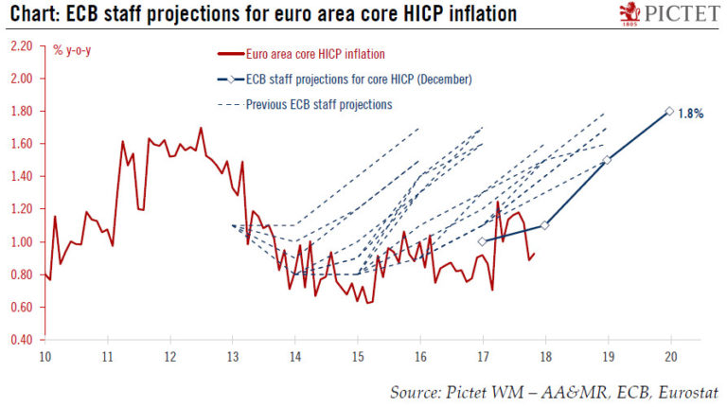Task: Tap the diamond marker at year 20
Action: click(x=669, y=111)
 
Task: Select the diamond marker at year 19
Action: click(x=607, y=160)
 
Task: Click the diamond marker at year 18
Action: click(x=544, y=225)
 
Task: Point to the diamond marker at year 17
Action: click(x=482, y=241)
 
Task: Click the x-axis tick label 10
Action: click(x=44, y=357)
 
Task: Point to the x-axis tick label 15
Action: click(x=357, y=357)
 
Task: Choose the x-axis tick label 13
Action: click(x=232, y=357)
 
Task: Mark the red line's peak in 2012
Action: click(x=201, y=128)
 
